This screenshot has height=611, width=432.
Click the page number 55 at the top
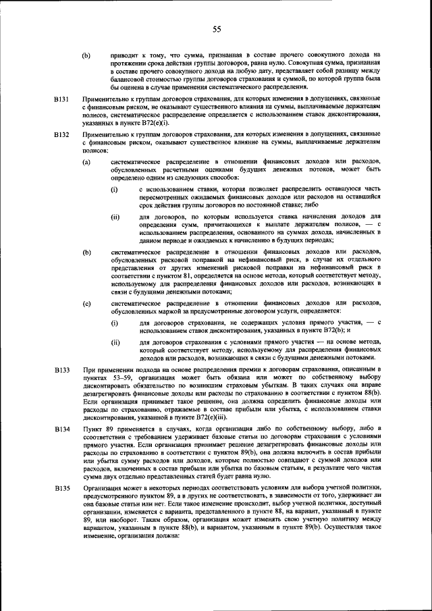click(x=217, y=28)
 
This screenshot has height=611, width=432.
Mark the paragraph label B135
click(x=62, y=487)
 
